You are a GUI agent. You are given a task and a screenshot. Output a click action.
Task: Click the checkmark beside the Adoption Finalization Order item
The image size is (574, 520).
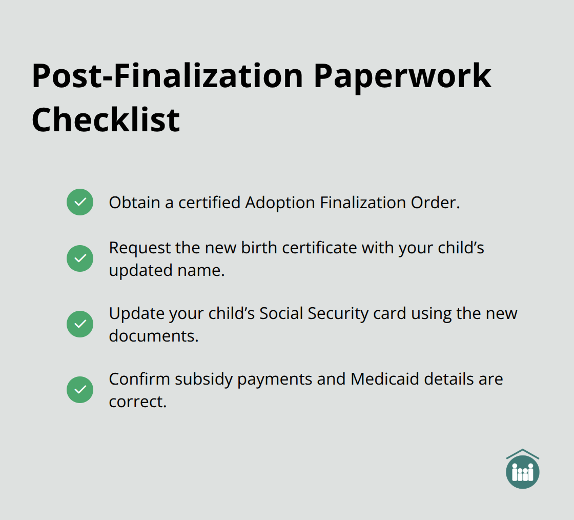coord(80,202)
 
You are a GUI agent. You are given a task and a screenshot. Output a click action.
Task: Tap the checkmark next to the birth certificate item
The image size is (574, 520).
coord(80,258)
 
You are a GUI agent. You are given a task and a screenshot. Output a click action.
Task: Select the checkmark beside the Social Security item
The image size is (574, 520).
coord(80,324)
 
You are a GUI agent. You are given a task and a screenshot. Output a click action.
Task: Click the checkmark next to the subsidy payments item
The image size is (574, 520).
coord(80,390)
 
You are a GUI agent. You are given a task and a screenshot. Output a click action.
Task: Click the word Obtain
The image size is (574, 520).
coord(134,203)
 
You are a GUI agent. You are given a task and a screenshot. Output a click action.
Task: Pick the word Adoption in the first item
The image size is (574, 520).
coord(280,203)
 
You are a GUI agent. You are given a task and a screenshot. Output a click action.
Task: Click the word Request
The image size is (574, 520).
coord(139,248)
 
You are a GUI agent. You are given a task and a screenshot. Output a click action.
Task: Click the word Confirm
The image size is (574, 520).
coord(139,379)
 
